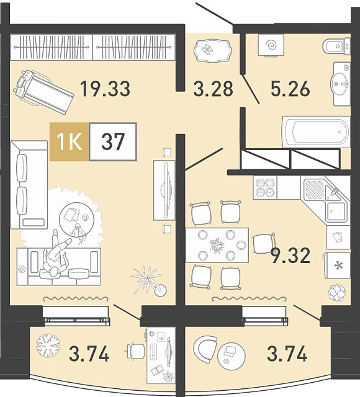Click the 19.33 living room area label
point(105,89)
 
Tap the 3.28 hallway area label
point(213,89)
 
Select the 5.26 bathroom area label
point(290,89)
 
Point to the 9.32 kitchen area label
point(290,256)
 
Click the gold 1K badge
point(70,142)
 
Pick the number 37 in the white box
point(113,142)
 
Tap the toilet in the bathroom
point(336,45)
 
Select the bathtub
point(316,132)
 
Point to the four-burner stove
point(265,187)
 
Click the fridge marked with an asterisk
point(338,265)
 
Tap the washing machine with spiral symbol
point(271,45)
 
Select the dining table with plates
point(217,245)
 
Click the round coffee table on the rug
point(77,219)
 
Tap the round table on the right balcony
point(232,356)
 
